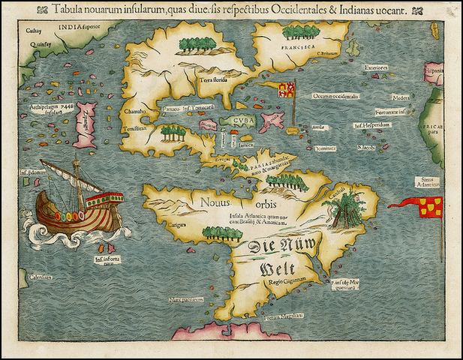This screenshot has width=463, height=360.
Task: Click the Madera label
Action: coord(401,97)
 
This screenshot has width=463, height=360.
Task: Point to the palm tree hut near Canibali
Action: coord(347,205)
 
